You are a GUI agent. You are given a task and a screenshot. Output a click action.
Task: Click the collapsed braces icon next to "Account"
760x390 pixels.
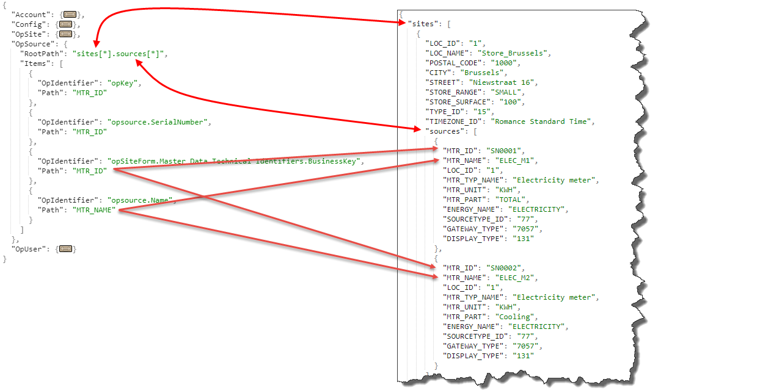click(70, 14)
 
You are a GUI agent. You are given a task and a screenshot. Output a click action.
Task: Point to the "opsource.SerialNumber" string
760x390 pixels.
click(158, 122)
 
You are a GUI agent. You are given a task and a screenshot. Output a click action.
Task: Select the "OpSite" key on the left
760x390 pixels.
click(27, 34)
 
